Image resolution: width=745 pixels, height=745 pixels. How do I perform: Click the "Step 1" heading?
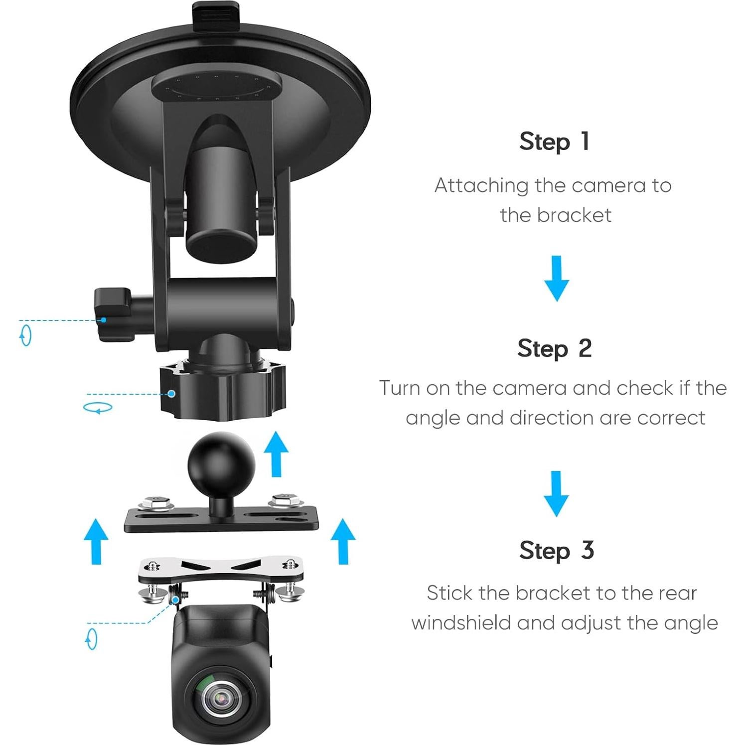pyautogui.click(x=555, y=142)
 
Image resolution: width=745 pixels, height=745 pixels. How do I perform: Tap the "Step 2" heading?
pyautogui.click(x=555, y=348)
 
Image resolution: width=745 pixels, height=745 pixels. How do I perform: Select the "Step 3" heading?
pyautogui.click(x=556, y=551)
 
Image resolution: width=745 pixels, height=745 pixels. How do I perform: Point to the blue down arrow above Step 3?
pyautogui.click(x=556, y=493)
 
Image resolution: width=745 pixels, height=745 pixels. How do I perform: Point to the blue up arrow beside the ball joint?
pyautogui.click(x=276, y=453)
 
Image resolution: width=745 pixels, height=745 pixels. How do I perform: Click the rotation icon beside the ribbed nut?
pyautogui.click(x=98, y=408)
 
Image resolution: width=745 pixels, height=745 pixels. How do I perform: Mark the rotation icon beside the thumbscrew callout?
pyautogui.click(x=25, y=335)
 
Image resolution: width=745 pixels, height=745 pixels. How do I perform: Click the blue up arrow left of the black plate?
pyautogui.click(x=96, y=541)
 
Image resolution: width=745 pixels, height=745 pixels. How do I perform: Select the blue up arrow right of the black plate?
pyautogui.click(x=343, y=541)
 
